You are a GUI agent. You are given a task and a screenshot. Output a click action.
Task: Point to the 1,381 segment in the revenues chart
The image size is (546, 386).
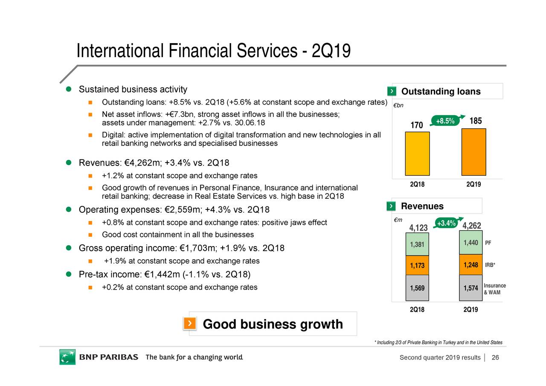point(417,244)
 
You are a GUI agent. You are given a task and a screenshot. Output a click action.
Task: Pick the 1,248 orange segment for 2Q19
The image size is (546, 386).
point(470,265)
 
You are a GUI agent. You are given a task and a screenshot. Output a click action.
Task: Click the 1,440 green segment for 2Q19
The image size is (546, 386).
point(470,243)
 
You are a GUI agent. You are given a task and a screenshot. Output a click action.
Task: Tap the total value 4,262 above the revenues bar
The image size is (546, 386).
point(471,226)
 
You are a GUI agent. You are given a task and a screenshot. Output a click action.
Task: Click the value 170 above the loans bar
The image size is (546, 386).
point(417,125)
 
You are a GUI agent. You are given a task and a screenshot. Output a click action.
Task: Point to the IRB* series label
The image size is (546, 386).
point(490,265)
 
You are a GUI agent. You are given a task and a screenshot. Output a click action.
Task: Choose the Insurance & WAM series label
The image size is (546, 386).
point(494,289)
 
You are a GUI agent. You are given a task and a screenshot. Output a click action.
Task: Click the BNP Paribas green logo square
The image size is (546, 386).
point(67,357)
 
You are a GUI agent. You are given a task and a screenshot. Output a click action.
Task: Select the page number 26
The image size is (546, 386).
point(495,357)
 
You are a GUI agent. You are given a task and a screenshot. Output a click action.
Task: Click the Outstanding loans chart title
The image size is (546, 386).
point(441,92)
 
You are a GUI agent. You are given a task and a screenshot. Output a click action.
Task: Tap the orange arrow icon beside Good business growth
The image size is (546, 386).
point(190,324)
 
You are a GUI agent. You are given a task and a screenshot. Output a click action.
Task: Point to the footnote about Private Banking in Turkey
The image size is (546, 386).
point(438,342)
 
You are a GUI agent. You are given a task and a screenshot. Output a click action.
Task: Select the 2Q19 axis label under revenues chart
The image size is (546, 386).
point(470,310)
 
